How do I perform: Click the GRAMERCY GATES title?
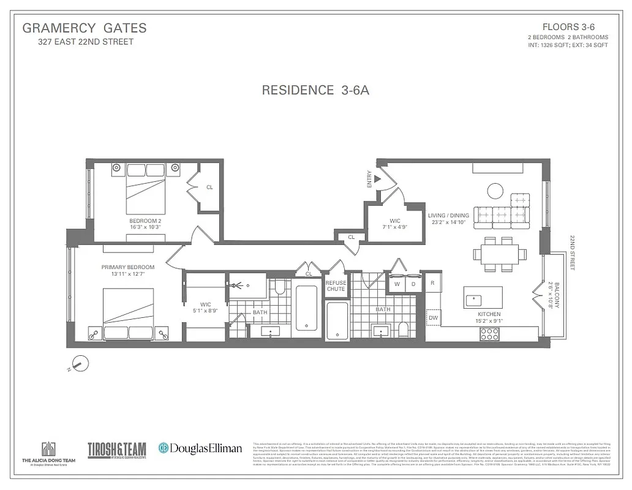click(x=85, y=28)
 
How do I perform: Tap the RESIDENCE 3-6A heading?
click(x=315, y=90)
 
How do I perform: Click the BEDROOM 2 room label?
click(x=145, y=221)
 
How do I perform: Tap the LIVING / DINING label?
click(x=448, y=216)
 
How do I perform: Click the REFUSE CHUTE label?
click(x=336, y=286)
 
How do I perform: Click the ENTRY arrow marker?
click(x=377, y=179)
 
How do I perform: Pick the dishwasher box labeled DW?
click(x=433, y=318)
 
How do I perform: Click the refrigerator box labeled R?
click(x=432, y=282)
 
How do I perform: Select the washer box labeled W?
click(x=397, y=284)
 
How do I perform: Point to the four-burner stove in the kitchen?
click(x=489, y=334)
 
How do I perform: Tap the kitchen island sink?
click(x=473, y=300)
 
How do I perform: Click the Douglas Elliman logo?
click(x=200, y=448)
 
